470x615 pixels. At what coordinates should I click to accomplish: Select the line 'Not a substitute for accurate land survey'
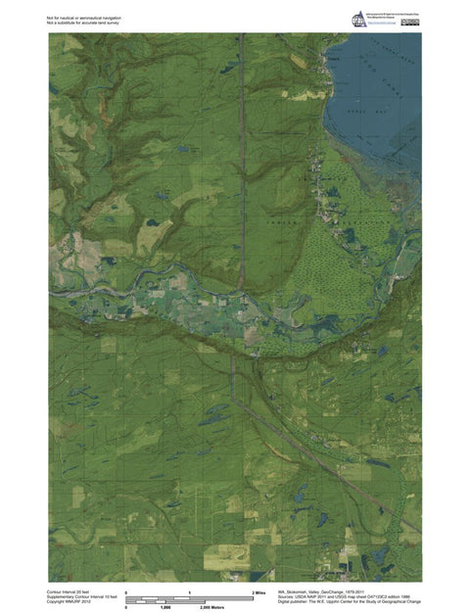(84, 22)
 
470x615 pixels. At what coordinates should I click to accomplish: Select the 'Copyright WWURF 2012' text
(68, 603)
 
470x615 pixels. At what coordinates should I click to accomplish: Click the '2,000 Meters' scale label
(214, 607)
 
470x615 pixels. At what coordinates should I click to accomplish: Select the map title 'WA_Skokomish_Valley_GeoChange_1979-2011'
(331, 592)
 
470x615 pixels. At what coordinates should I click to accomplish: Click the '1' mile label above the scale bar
(188, 592)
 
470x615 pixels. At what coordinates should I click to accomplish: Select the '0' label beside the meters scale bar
(126, 607)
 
